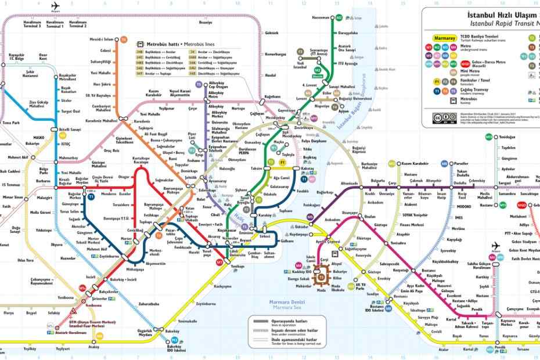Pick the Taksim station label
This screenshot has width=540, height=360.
point(257,168)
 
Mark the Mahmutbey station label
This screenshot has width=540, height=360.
point(68,157)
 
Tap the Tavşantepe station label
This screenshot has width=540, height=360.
point(488,323)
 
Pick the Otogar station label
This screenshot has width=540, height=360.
point(124,177)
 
